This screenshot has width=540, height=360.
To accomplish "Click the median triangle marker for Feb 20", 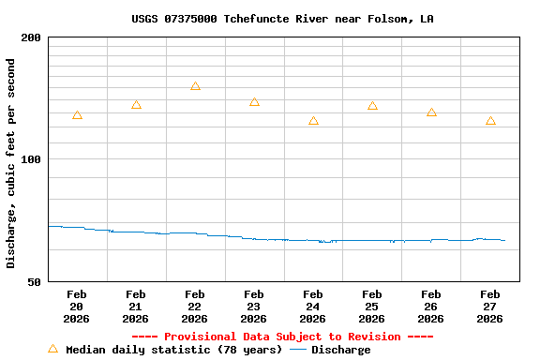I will [77, 115].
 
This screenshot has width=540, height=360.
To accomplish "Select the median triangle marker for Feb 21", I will [136, 105].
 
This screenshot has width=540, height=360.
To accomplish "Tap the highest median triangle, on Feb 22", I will [195, 86].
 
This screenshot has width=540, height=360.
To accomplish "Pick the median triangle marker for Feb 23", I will [254, 102].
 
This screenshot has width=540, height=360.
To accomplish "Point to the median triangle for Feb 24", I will [313, 121].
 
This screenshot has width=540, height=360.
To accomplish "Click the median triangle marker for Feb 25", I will [372, 106].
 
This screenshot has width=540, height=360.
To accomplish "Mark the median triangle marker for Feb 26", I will [431, 112].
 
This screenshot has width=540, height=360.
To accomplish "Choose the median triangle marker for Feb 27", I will [490, 121].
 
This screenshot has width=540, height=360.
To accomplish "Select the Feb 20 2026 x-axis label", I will [77, 307].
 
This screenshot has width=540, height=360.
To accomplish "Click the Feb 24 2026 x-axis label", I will [313, 307].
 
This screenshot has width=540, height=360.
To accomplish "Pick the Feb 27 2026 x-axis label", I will [490, 307].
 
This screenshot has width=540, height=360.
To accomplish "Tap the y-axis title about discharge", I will [11, 163].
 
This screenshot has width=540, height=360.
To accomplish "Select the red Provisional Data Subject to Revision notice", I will [282, 337].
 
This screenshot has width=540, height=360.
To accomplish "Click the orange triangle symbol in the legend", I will [52, 349].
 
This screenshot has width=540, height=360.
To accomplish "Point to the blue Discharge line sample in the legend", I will [298, 350].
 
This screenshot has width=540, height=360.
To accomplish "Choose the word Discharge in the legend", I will [340, 350].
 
